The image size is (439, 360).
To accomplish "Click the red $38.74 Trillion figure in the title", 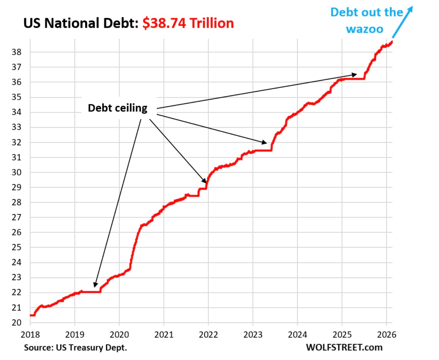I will [188, 23].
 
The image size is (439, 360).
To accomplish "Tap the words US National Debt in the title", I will [80, 23].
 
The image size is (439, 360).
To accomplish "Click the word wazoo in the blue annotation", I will [365, 29].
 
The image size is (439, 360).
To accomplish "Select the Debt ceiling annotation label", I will [118, 108].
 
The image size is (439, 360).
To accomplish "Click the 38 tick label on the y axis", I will [17, 52].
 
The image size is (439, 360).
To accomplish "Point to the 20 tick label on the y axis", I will [17, 322].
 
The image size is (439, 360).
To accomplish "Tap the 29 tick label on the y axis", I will [17, 187].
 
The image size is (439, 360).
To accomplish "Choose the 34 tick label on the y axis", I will [17, 112].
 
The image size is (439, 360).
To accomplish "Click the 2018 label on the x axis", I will [30, 334].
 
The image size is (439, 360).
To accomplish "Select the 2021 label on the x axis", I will [164, 334].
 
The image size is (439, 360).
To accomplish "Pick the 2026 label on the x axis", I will [387, 334].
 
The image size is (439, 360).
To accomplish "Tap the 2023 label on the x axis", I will [253, 334].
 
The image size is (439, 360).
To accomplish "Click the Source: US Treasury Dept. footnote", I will [75, 348].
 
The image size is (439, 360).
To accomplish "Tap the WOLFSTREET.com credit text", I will [344, 347].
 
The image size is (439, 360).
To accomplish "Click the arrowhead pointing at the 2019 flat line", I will [95, 285].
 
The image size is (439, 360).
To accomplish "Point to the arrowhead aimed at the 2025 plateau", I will [354, 74].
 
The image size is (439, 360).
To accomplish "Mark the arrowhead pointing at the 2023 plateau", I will [265, 142].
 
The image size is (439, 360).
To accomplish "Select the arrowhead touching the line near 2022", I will [205, 180].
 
